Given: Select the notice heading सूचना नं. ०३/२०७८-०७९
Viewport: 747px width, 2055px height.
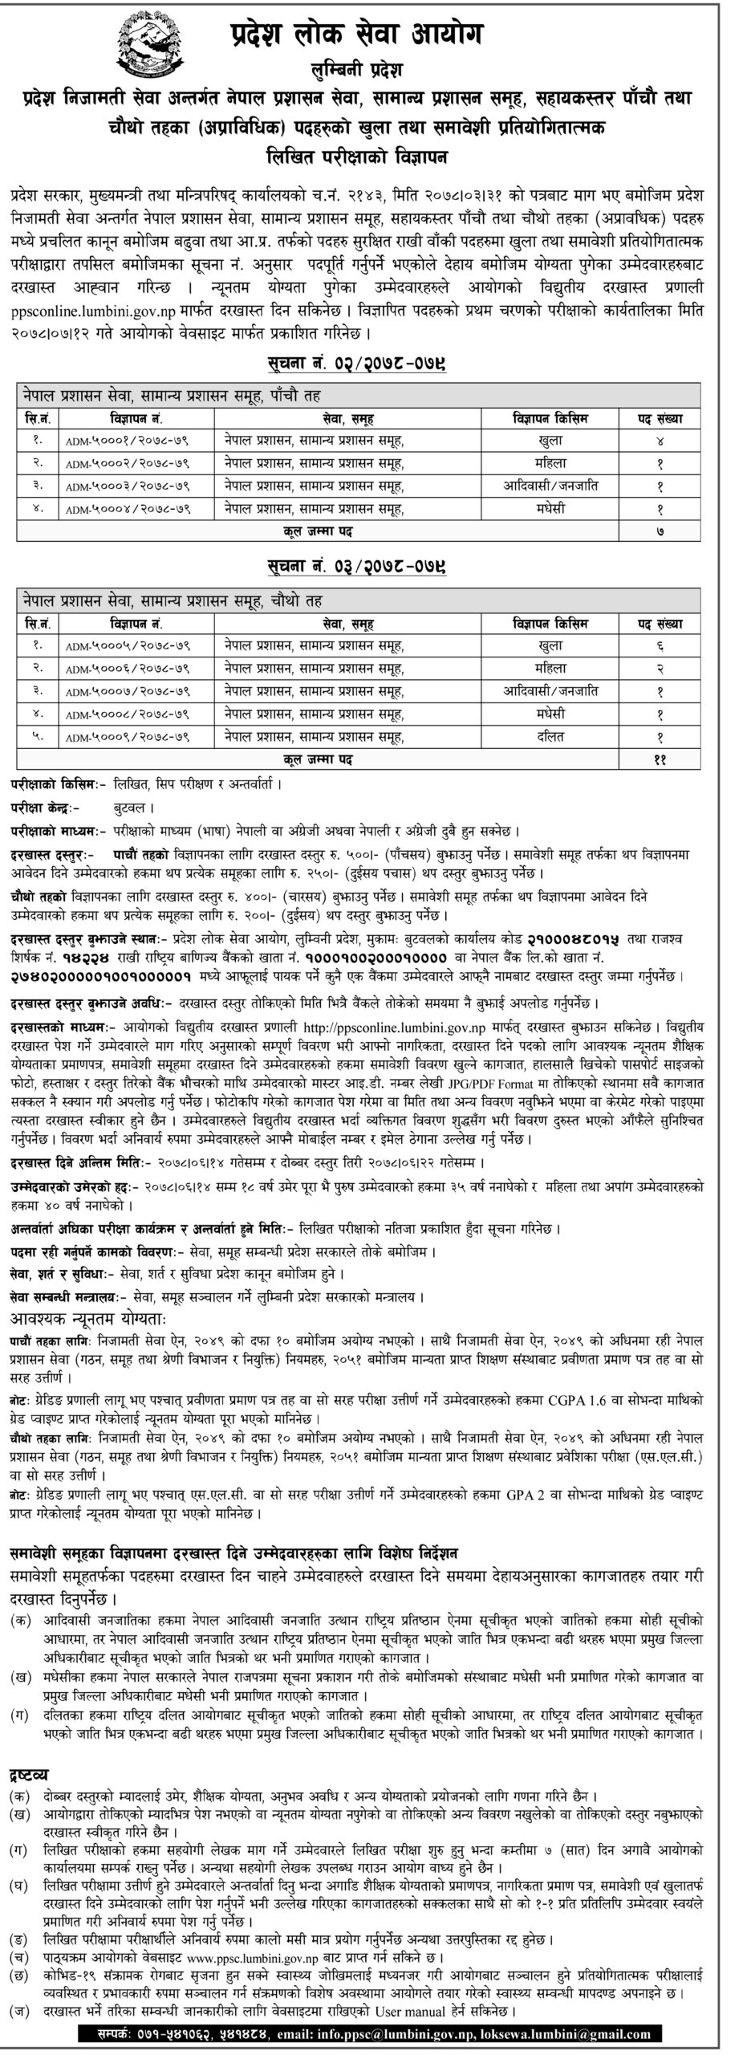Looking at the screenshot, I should (x=357, y=569).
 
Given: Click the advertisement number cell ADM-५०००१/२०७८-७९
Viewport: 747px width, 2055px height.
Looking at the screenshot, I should (x=134, y=440).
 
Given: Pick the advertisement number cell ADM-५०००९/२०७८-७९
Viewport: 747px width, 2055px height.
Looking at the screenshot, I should (x=134, y=735).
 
